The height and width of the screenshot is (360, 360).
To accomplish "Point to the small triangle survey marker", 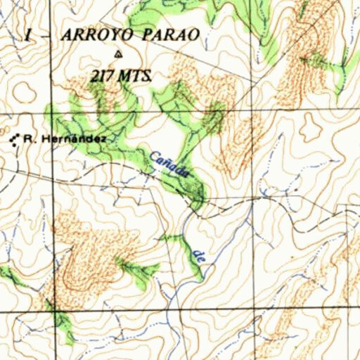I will [x=117, y=55].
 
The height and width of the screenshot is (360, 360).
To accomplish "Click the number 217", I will [x=102, y=76].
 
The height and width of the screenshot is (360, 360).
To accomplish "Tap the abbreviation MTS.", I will [x=136, y=76].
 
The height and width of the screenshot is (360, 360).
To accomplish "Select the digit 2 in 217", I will [x=94, y=76].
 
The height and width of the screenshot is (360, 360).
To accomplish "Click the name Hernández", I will [x=74, y=139].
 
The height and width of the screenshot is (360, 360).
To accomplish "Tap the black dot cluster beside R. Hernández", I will [x=14, y=139].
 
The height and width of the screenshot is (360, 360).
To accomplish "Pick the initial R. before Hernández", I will [x=28, y=139].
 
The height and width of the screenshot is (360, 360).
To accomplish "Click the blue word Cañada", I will [x=169, y=163].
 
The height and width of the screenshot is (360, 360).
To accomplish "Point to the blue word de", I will [x=200, y=257].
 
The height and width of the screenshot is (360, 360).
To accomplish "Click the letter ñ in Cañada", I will [x=165, y=160].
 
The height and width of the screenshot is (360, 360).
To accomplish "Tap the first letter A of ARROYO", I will [x=68, y=35].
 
